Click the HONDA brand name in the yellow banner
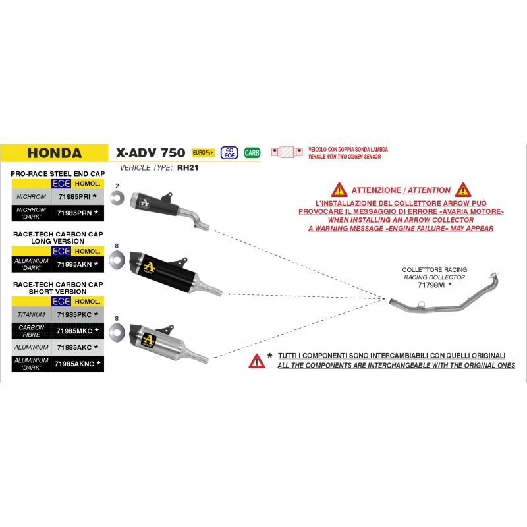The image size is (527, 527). [55, 153]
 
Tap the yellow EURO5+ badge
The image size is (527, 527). [203, 153]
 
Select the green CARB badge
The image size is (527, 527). [252, 153]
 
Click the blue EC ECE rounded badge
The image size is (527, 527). [229, 153]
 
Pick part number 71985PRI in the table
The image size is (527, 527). [74, 196]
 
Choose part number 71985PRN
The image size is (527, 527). [74, 213]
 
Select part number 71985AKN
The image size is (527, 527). [74, 265]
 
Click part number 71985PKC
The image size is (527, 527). [74, 315]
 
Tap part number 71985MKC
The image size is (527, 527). [74, 331]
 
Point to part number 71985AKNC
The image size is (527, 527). [74, 364]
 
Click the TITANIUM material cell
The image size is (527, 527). [31, 315]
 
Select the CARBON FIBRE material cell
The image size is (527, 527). [31, 331]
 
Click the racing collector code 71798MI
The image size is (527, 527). [431, 285]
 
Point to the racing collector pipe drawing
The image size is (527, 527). [444, 292]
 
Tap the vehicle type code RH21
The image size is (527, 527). [188, 168]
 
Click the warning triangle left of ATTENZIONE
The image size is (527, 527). [339, 190]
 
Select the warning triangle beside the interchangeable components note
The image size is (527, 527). [257, 361]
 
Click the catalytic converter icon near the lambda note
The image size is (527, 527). [287, 152]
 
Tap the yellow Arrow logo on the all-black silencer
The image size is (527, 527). [150, 267]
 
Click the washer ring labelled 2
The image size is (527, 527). [117, 198]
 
